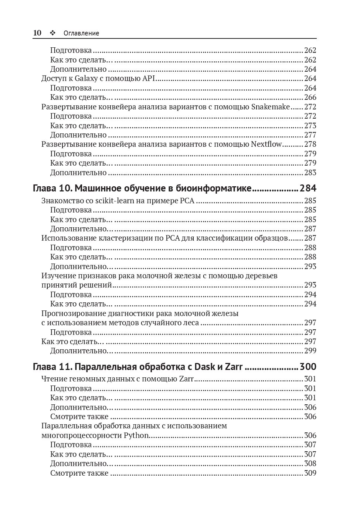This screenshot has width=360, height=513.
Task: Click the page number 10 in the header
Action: pyautogui.click(x=37, y=33)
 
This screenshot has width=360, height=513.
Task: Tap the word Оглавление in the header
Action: pyautogui.click(x=81, y=33)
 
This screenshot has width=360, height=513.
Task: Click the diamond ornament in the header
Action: pyautogui.click(x=52, y=33)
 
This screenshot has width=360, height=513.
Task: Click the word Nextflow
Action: pyautogui.click(x=266, y=144)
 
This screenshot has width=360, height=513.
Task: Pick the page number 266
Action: pyautogui.click(x=310, y=97)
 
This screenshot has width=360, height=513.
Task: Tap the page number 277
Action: pyautogui.click(x=310, y=135)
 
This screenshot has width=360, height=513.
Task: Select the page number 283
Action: pyautogui.click(x=310, y=173)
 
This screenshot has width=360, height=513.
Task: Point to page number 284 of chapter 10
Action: pyautogui.click(x=308, y=188)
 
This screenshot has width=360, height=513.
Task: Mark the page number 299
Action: pyautogui.click(x=310, y=351)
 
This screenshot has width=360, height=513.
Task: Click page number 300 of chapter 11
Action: pyautogui.click(x=308, y=367)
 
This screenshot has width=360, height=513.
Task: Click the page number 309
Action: pyautogui.click(x=310, y=473)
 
